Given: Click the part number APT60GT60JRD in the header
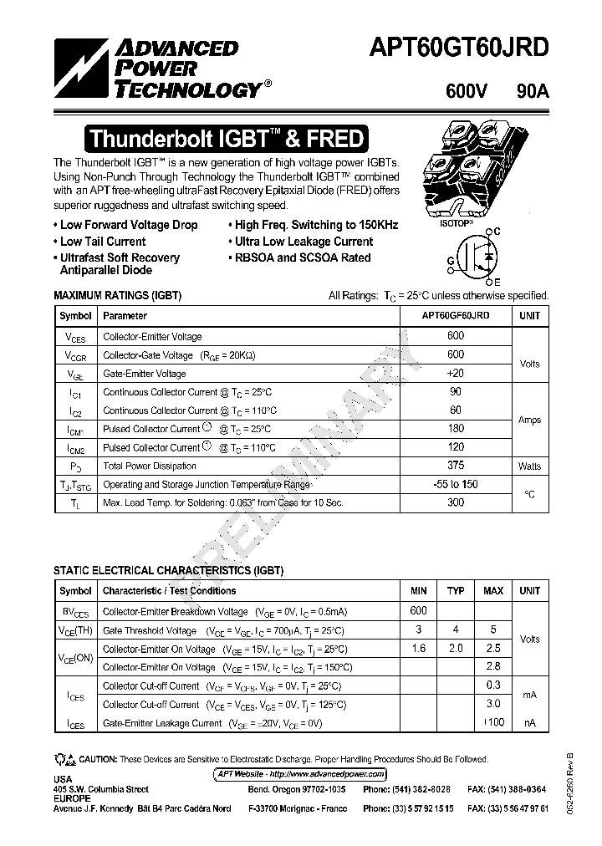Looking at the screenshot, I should [459, 48].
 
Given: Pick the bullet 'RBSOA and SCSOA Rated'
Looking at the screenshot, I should [299, 257].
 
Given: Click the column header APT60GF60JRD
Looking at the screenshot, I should [456, 316].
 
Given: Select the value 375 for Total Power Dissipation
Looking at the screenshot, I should [456, 466].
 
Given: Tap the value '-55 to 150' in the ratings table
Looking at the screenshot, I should [456, 484].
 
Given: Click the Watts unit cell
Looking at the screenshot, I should [529, 466].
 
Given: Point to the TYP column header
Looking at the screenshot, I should [456, 591].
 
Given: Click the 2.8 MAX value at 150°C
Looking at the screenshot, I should [493, 666].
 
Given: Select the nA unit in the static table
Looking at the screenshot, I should [529, 722].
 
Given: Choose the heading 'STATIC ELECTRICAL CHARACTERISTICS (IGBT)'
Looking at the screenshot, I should [169, 571].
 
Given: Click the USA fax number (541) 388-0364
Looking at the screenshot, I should [508, 789].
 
